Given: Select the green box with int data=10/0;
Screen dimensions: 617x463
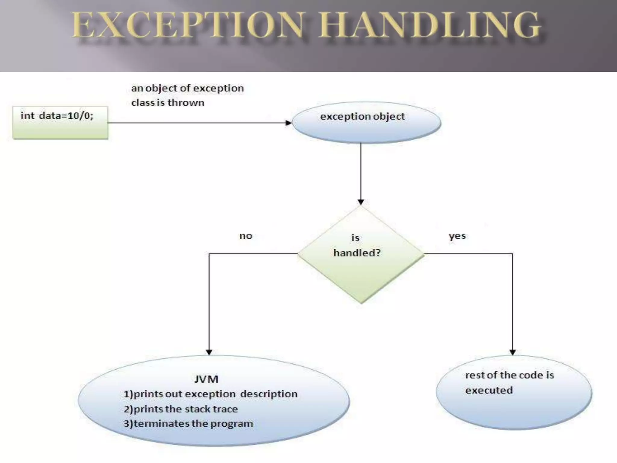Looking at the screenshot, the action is coord(60,123).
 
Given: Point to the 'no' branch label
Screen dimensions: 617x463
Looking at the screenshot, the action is coord(246,236).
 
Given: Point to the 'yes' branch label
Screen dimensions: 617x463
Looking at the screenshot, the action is coord(457,236).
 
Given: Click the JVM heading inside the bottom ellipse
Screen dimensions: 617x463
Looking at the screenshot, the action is coord(206,379).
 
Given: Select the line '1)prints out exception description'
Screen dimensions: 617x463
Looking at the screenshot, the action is coord(210,394).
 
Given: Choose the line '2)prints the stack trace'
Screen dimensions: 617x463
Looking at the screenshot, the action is coord(180,409).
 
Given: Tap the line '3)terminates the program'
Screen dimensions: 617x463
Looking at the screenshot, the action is coord(188,424).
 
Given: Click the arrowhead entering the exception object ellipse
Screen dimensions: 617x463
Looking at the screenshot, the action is coord(288,123).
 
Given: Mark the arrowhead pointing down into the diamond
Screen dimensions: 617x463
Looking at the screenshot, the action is coord(361,202).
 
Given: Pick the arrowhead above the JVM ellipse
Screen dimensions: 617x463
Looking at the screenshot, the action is coord(209,352).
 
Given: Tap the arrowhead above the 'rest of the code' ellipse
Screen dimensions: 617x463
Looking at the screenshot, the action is coord(512,352).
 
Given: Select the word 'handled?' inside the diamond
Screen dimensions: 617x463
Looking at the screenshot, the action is coord(357,253).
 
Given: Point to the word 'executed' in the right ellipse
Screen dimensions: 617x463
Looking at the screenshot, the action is coord(489,390).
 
